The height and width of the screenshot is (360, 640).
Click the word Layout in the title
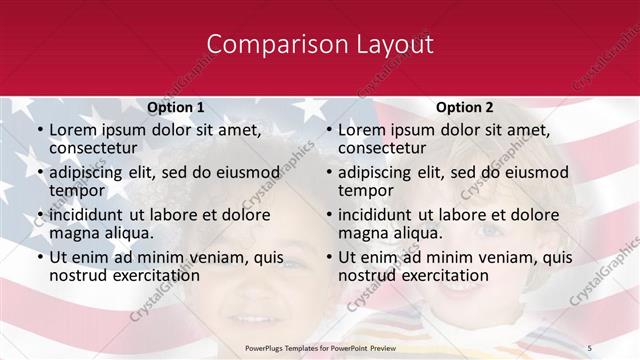390,45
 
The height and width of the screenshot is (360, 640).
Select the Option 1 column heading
176,107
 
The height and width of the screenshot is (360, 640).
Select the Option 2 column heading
465,107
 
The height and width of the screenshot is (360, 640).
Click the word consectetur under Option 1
94,148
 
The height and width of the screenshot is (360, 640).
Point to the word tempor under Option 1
76,190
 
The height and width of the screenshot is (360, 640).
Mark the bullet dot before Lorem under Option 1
39,131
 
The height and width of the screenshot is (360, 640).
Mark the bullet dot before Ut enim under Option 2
328,258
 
